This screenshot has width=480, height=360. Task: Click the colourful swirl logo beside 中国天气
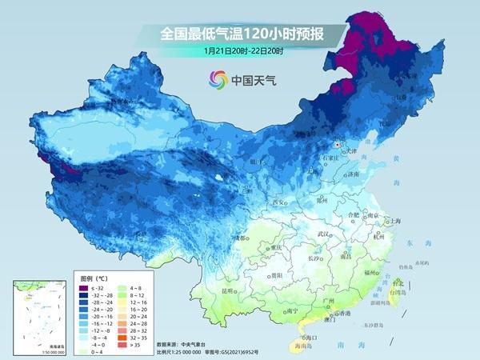pyautogui.click(x=218, y=78)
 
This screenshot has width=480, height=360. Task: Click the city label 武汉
pyautogui.click(x=324, y=234)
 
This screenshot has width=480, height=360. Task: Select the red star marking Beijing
pyautogui.click(x=338, y=145)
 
